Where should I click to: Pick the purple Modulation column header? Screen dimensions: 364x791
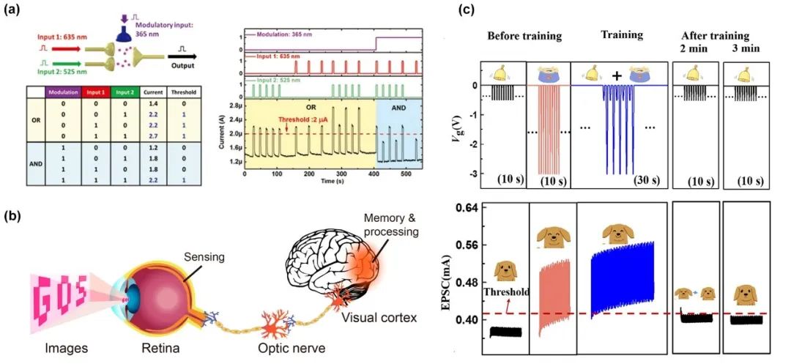63,92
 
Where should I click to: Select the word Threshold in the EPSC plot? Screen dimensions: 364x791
507,294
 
